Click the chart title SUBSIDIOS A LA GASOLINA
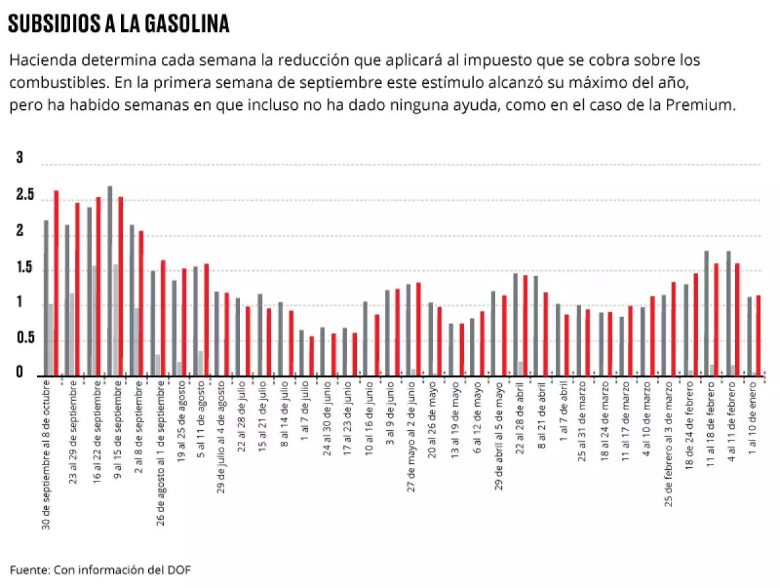pyautogui.click(x=119, y=24)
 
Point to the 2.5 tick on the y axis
pyautogui.click(x=25, y=196)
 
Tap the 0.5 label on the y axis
pyautogui.click(x=25, y=337)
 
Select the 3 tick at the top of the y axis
pyautogui.click(x=19, y=158)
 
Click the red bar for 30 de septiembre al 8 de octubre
pyautogui.click(x=56, y=283)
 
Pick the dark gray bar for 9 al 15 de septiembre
pyautogui.click(x=110, y=281)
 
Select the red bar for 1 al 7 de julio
pyautogui.click(x=312, y=355)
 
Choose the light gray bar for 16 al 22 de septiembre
pyautogui.click(x=94, y=320)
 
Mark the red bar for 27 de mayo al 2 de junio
pyautogui.click(x=419, y=329)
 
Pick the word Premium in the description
pyautogui.click(x=737, y=105)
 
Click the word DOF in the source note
pyautogui.click(x=180, y=570)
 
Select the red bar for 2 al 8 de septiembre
pyautogui.click(x=141, y=303)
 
